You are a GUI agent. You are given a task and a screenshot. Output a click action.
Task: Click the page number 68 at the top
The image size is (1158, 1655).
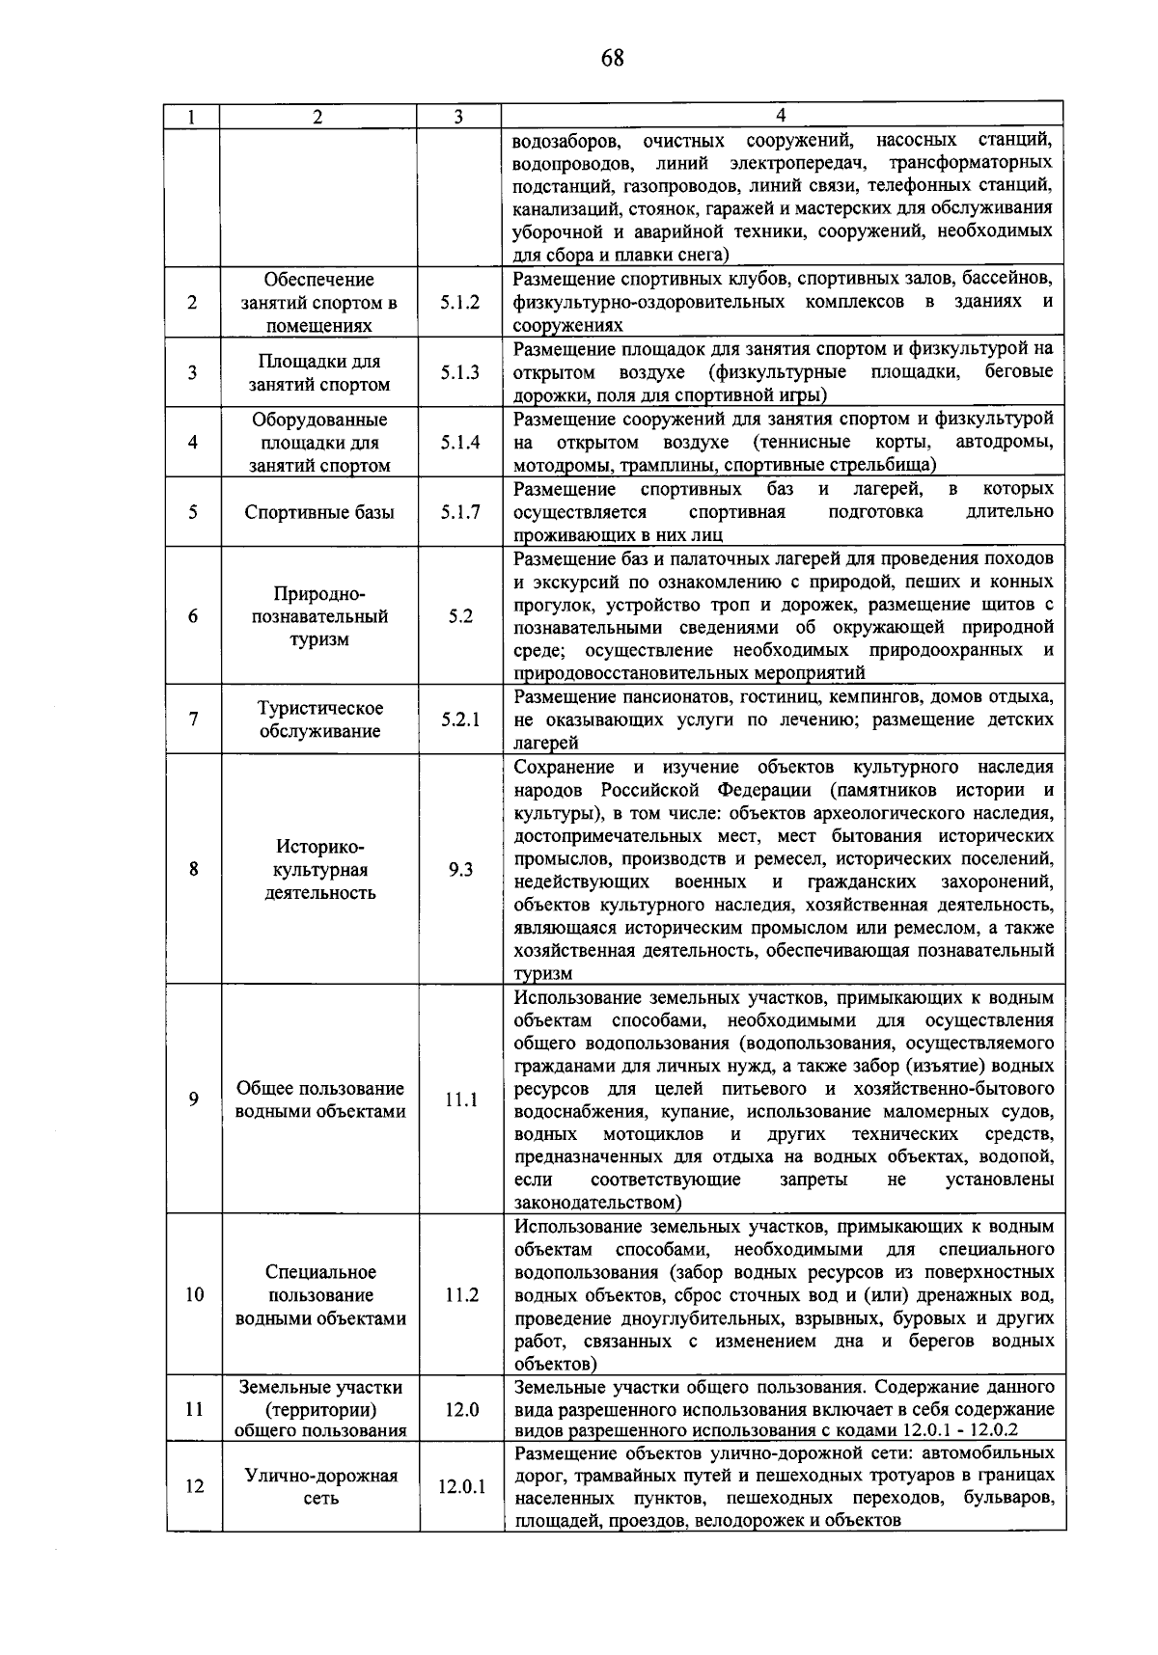point(612,59)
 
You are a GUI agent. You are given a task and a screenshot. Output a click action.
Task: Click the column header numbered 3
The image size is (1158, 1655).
point(458,117)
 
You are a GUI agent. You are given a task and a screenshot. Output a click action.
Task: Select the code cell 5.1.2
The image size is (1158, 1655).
point(460,303)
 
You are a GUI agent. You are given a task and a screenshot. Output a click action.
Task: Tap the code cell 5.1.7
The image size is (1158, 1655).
point(460,512)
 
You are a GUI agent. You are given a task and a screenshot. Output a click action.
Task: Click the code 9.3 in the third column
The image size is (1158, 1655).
point(460,870)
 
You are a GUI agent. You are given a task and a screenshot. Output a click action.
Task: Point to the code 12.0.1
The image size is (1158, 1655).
point(461,1486)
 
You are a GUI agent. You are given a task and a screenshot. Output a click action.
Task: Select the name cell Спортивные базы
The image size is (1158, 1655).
point(319,512)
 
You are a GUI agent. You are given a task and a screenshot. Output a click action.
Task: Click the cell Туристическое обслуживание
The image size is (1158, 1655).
point(319,719)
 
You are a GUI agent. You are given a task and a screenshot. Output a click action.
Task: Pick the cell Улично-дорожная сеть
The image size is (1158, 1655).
point(320,1486)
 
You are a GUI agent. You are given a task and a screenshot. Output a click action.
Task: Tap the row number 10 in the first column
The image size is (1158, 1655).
point(194,1294)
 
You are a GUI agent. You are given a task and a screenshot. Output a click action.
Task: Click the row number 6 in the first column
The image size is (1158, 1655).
point(193,615)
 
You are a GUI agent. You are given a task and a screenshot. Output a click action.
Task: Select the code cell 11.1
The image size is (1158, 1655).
point(460,1099)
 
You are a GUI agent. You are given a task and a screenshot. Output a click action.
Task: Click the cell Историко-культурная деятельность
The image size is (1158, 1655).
point(319,870)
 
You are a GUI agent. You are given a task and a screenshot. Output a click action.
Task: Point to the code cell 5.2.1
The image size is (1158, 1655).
point(460,719)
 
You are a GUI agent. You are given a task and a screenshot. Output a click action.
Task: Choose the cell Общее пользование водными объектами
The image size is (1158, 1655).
point(320,1099)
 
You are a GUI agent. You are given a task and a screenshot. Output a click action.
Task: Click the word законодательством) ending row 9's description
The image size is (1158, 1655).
point(598,1203)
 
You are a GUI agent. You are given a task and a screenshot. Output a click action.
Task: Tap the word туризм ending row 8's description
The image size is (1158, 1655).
point(543,974)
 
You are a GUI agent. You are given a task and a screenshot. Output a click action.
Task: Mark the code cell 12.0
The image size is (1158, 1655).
point(461,1409)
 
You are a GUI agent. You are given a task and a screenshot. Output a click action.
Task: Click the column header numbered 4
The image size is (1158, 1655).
point(781,117)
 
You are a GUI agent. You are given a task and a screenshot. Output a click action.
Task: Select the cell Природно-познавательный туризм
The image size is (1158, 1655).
point(319,615)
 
